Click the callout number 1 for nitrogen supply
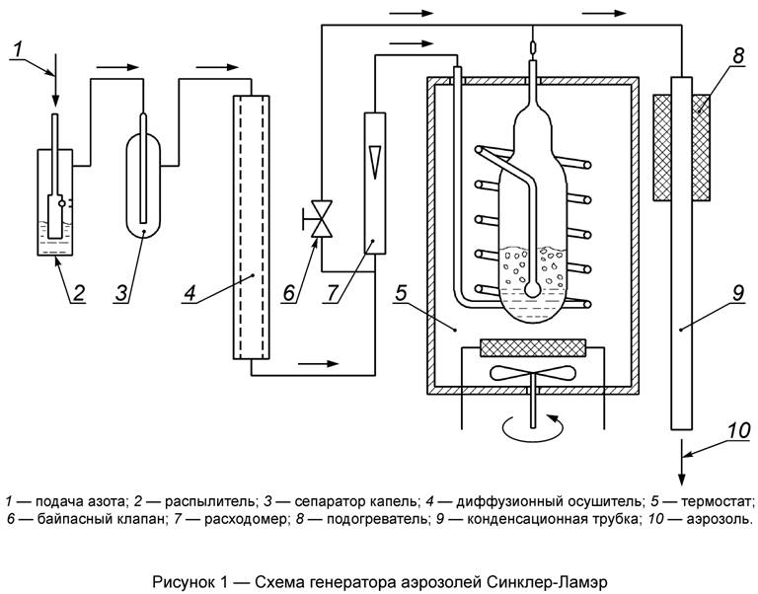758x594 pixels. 17,46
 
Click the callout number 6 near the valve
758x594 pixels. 289,293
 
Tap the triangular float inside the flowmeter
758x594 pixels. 372,158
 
